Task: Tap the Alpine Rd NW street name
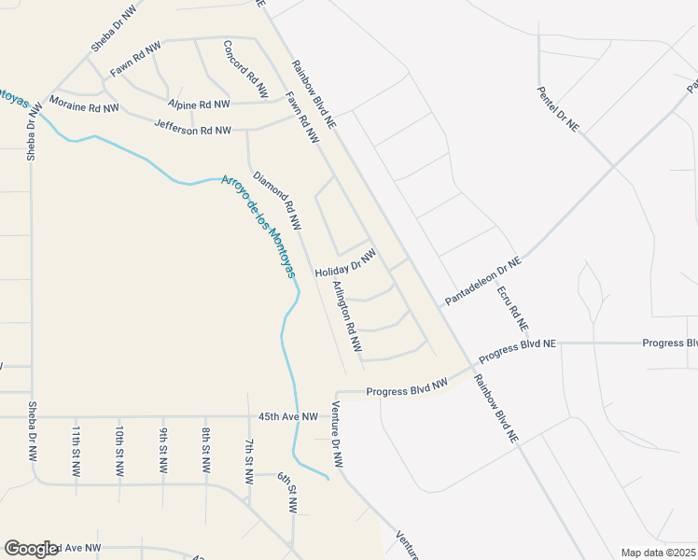[199, 105]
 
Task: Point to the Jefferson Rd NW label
[192, 129]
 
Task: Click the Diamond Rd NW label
[277, 200]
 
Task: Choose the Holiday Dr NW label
[345, 262]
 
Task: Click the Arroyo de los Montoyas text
[258, 227]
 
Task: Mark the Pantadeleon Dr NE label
[482, 282]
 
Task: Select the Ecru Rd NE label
[512, 309]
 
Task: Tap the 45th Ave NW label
[288, 416]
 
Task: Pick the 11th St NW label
[76, 450]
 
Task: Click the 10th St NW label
[119, 450]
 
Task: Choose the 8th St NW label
[205, 450]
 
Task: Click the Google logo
[31, 549]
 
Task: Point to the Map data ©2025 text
[657, 553]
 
